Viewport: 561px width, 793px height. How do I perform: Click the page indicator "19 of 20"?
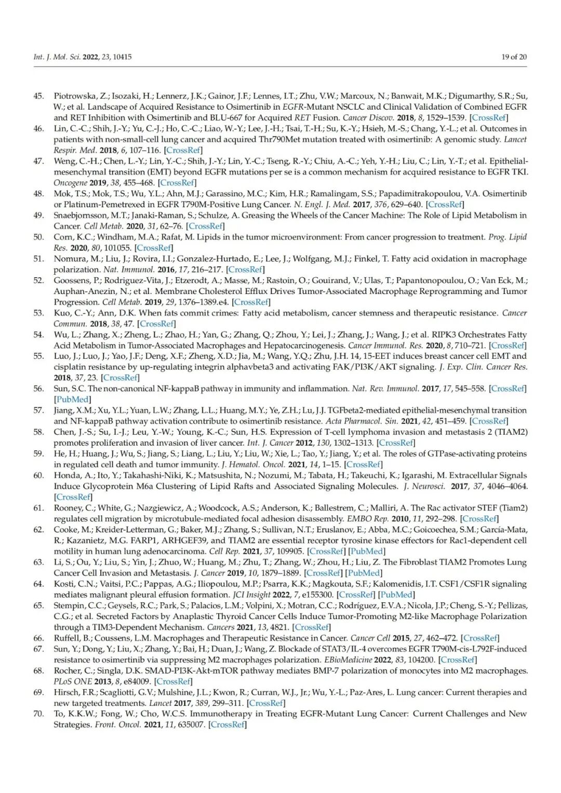coord(513,57)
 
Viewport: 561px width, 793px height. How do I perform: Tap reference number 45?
coord(38,96)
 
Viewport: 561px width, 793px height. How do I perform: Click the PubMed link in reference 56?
coord(72,399)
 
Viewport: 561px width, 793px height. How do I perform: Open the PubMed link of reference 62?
coord(367,551)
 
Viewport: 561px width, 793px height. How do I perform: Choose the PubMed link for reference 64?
coord(396,595)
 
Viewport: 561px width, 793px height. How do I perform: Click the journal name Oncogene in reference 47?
coord(70,183)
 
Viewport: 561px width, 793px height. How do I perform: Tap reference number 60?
coord(38,475)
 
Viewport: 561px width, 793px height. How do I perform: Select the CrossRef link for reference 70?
coord(227,724)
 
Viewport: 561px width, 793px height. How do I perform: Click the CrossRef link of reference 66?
coord(480,638)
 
